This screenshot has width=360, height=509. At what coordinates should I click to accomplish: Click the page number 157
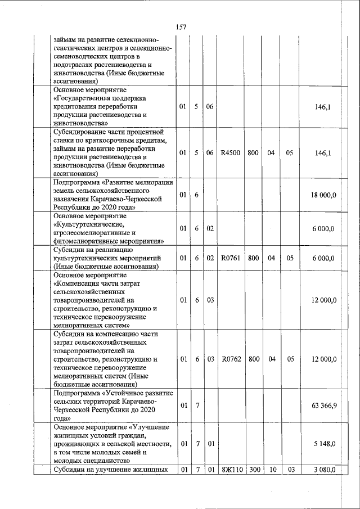[181, 27]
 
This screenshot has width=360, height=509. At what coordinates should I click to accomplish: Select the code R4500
[231, 152]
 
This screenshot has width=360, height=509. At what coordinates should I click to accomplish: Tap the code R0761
[231, 258]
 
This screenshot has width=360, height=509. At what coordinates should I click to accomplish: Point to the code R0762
[231, 359]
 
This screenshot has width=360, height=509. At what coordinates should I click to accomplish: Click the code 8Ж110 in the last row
[231, 470]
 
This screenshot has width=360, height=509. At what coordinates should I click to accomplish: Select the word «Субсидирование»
[82, 132]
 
